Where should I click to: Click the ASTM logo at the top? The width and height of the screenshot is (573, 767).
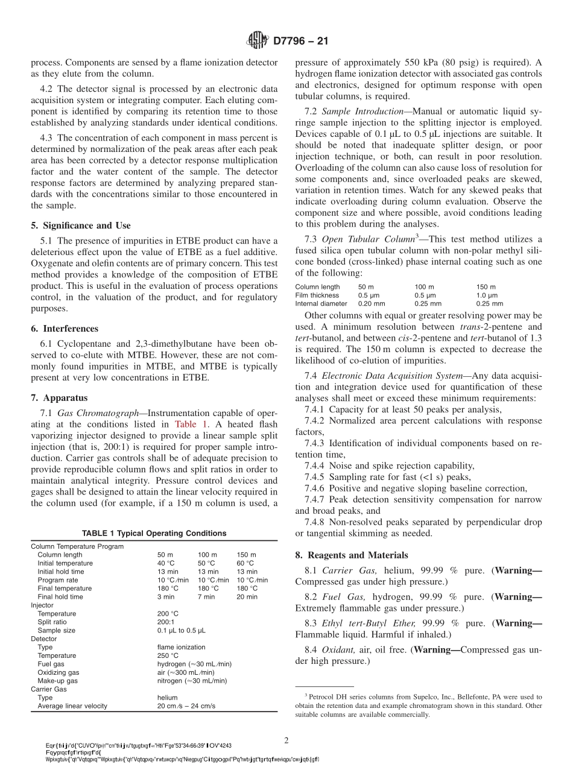[258, 41]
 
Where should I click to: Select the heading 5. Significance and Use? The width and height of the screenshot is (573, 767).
[80, 226]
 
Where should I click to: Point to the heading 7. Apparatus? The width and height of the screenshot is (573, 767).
[59, 398]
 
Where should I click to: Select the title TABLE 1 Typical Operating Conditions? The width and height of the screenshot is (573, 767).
[154, 533]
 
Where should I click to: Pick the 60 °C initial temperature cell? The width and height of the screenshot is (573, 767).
[246, 563]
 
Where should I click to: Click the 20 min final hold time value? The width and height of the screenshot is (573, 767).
[247, 597]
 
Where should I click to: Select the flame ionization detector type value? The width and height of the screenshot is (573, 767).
[181, 647]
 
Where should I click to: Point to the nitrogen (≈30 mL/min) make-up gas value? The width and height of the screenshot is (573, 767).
[192, 681]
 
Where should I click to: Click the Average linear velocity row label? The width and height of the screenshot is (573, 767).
[72, 706]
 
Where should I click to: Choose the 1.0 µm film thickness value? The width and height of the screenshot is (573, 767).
[487, 295]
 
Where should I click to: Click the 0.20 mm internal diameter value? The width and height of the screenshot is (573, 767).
[371, 304]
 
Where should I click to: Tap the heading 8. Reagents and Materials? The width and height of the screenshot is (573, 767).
[352, 555]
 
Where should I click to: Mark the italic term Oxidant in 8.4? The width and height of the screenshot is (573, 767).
[339, 649]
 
